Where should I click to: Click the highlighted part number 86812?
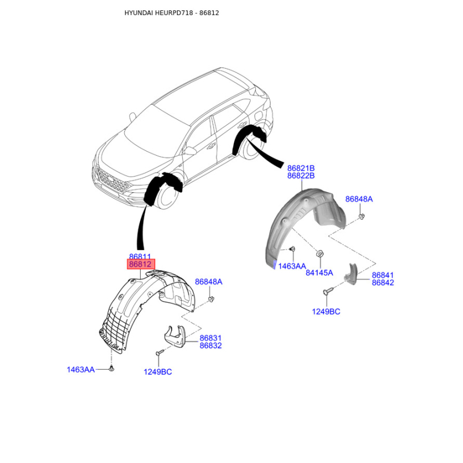(141, 264)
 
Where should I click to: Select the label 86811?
(140, 256)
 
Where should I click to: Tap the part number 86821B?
(300, 168)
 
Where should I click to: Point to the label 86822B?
(300, 176)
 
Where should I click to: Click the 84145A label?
(319, 273)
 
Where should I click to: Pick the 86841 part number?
(383, 275)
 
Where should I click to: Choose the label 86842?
(383, 283)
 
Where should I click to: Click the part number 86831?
(211, 338)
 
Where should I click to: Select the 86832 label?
(211, 346)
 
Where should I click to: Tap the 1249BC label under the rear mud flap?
(326, 311)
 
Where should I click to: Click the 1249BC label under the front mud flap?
(158, 372)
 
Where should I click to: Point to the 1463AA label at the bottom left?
(80, 369)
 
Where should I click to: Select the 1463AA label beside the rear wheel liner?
(292, 266)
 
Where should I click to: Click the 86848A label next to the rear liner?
(359, 199)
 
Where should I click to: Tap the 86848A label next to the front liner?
(208, 282)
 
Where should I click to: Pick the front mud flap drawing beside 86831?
(177, 337)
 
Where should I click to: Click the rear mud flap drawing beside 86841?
(351, 274)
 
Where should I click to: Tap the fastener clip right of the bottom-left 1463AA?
(112, 368)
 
